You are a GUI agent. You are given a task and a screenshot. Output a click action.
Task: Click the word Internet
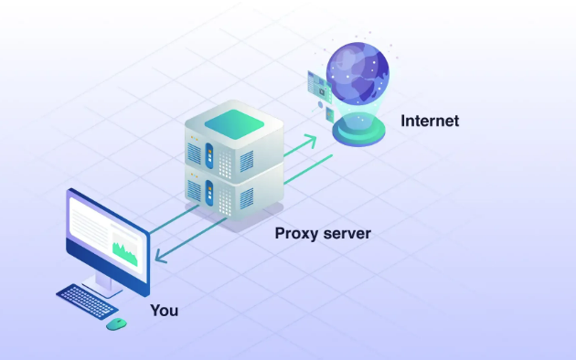pos(429,121)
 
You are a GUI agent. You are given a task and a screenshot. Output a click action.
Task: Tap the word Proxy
pos(299,233)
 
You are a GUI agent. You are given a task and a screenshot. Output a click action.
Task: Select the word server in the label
pos(348,233)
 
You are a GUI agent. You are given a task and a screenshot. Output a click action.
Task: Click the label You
pos(165,311)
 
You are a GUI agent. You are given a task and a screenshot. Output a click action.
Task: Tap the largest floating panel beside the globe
pos(319,84)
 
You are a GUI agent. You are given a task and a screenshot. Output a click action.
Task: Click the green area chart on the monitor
pos(124,249)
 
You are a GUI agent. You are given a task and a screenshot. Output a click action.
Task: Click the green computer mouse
pos(116,323)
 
